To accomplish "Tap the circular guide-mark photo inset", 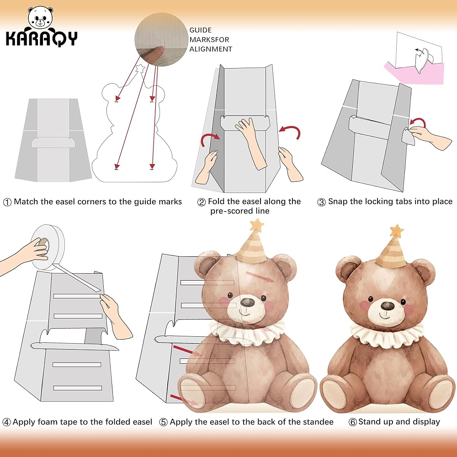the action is [161, 39].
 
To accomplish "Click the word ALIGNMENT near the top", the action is [211, 49].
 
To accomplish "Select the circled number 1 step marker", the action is [7, 202].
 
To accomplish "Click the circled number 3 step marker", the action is [321, 202].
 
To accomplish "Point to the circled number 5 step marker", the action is [163, 422].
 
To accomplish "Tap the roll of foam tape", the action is [48, 247].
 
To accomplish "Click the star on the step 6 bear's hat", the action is [397, 231].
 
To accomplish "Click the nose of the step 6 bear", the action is [388, 306].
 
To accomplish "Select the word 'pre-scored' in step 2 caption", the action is [229, 211].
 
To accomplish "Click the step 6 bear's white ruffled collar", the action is [387, 335].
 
